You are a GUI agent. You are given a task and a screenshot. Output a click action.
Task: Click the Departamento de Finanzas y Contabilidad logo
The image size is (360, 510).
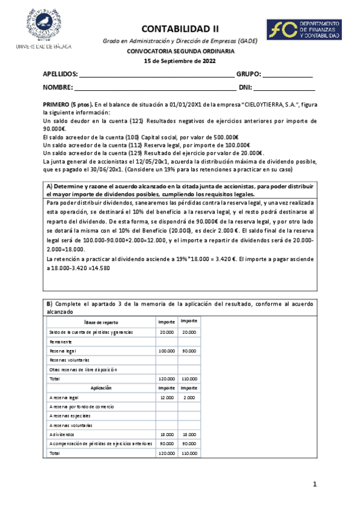pyautogui.click(x=304, y=29)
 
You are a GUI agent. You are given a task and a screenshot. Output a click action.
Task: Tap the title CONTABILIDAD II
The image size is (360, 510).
pyautogui.click(x=180, y=28)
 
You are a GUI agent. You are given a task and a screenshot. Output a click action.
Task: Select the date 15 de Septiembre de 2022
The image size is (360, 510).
pyautogui.click(x=180, y=61)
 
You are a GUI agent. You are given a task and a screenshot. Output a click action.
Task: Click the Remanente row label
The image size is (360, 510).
pyautogui.click(x=61, y=341)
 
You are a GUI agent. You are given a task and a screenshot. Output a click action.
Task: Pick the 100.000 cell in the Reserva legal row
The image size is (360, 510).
pyautogui.click(x=166, y=351)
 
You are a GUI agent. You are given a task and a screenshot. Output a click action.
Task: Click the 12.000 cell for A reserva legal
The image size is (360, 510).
pyautogui.click(x=166, y=398)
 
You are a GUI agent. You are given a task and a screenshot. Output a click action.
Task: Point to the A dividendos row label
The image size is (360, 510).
pyautogui.click(x=63, y=434)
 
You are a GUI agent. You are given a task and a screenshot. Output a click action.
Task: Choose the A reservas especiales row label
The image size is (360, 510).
pyautogui.click(x=70, y=416)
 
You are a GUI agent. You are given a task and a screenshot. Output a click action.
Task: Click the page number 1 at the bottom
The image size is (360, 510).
pyautogui.click(x=314, y=485)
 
